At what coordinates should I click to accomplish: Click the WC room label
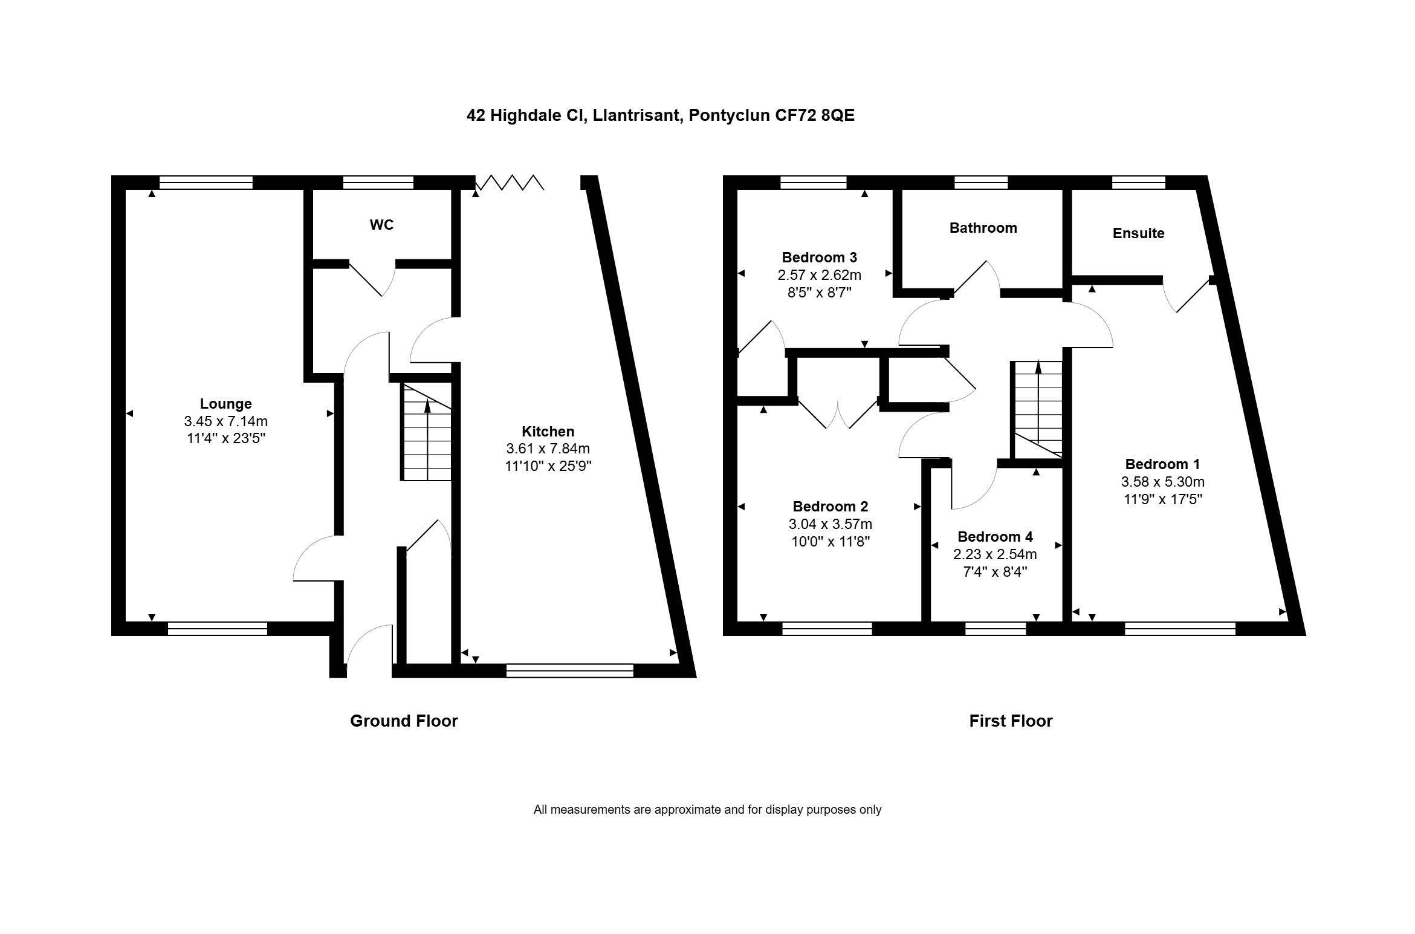[x=381, y=225]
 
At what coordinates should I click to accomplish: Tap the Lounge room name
[x=226, y=404]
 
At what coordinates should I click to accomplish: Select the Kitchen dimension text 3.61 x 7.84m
[x=548, y=449]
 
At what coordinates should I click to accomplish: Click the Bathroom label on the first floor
[x=983, y=228]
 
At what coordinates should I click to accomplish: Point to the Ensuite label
[x=1138, y=233]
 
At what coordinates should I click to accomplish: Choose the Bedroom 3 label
[x=819, y=258]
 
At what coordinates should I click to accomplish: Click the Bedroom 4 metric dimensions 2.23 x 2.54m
[x=995, y=554]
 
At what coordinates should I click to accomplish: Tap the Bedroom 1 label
[x=1162, y=464]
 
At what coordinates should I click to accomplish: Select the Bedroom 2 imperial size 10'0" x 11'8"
[x=831, y=542]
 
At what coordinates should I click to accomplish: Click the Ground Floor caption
[x=404, y=721]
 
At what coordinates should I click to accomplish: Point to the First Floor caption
[x=1011, y=721]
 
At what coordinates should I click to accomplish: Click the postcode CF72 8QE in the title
[x=815, y=115]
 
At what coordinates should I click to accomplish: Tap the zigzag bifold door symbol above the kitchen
[x=510, y=182]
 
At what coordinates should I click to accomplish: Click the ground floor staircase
[x=427, y=432]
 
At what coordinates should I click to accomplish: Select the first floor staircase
[x=1038, y=409]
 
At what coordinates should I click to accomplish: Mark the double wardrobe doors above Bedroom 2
[x=838, y=413]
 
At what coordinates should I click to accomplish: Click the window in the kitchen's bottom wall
[x=569, y=670]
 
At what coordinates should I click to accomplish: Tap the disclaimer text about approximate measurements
[x=707, y=809]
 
